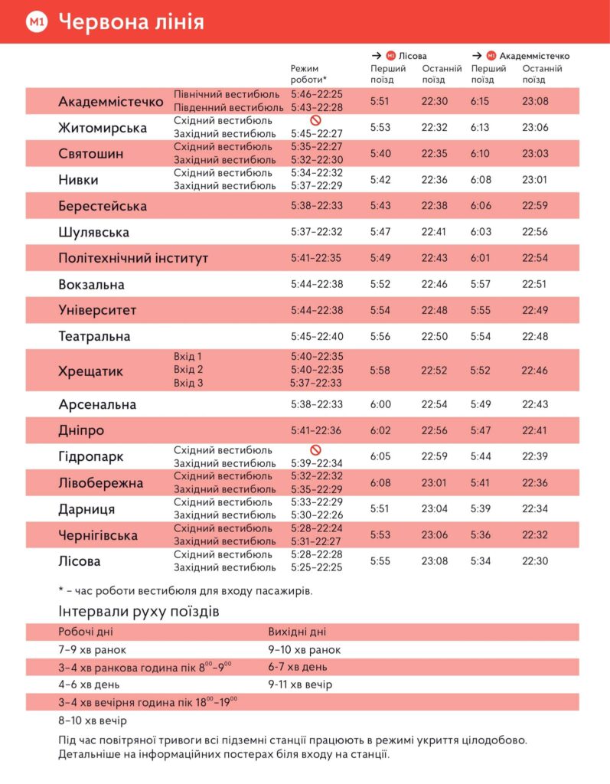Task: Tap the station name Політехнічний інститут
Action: (x=133, y=258)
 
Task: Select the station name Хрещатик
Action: (x=90, y=371)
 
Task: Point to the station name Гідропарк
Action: (x=90, y=457)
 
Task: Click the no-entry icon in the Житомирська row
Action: (x=315, y=121)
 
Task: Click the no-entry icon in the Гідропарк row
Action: (x=315, y=450)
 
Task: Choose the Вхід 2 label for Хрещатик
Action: (x=188, y=370)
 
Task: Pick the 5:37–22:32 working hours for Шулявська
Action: (x=316, y=232)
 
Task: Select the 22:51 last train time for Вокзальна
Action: (x=534, y=284)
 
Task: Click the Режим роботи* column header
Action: (x=308, y=74)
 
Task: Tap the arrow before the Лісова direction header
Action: (x=376, y=56)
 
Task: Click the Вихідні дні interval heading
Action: (x=297, y=632)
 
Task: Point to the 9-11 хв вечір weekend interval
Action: (x=300, y=684)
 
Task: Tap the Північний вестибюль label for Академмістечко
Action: (x=223, y=95)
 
